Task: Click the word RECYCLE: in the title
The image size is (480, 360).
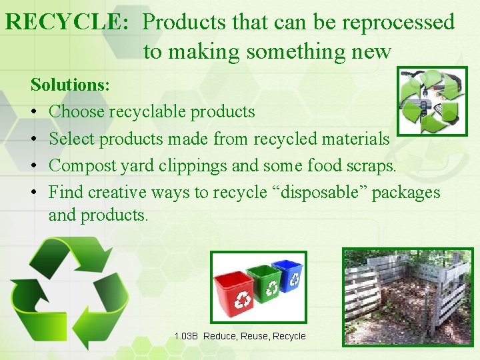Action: coord(67,23)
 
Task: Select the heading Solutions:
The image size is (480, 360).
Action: coord(71,85)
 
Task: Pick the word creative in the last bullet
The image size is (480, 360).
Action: coord(117,193)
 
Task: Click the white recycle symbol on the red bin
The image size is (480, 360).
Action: coord(240,301)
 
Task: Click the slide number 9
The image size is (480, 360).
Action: coord(449,336)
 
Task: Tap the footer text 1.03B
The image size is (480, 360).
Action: coord(186,336)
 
